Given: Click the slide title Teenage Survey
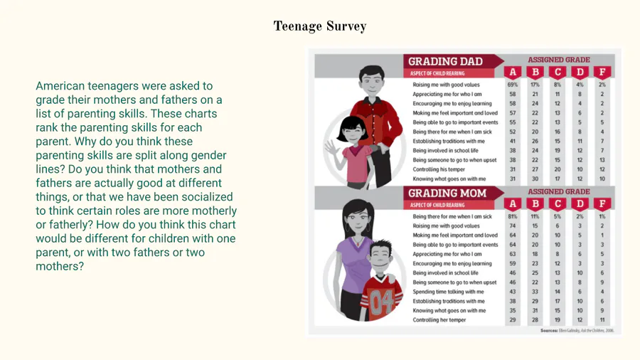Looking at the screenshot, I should click(x=320, y=27).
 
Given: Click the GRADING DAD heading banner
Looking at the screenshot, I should click(x=445, y=61).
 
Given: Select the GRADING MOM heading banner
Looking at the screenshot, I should click(x=447, y=194).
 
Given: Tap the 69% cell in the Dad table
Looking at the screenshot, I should click(x=513, y=85).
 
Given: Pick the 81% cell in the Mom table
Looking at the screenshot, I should click(x=513, y=216).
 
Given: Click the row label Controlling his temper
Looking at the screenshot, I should click(x=440, y=169).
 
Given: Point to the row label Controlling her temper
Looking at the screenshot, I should click(x=439, y=320).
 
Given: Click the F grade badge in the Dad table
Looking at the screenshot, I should click(x=602, y=73).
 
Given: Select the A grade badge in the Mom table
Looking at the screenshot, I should click(x=513, y=204).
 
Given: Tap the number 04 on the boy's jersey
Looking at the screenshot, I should click(x=381, y=302).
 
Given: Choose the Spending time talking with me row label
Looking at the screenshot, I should click(x=448, y=292).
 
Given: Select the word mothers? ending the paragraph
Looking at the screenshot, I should click(x=60, y=267).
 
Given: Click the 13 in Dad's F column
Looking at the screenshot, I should click(x=602, y=160).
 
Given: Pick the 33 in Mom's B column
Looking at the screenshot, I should click(x=535, y=292).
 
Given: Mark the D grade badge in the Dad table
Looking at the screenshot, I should click(x=580, y=73).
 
